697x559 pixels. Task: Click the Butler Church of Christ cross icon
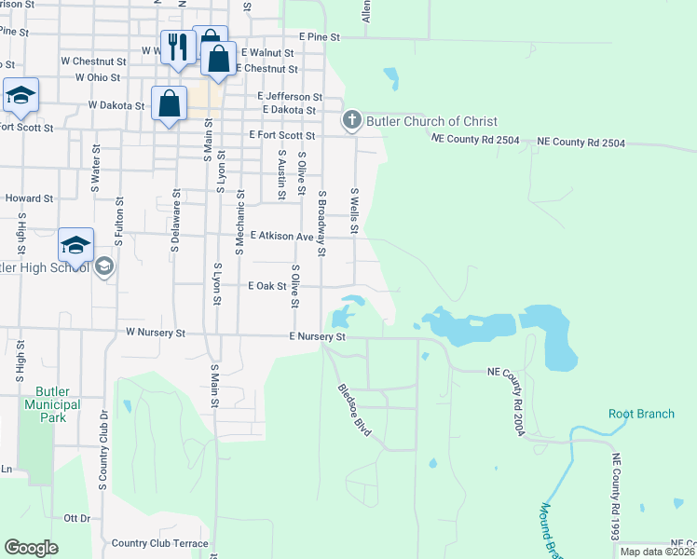351,120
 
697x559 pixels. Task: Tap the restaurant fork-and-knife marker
178,47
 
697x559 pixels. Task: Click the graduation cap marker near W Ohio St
20,94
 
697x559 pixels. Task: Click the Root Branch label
641,414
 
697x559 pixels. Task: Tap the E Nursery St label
317,336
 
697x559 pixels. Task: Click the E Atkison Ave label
280,237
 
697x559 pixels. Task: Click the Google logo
31,547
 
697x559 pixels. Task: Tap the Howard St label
29,198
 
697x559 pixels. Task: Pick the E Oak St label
266,286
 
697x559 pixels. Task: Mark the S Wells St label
354,211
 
